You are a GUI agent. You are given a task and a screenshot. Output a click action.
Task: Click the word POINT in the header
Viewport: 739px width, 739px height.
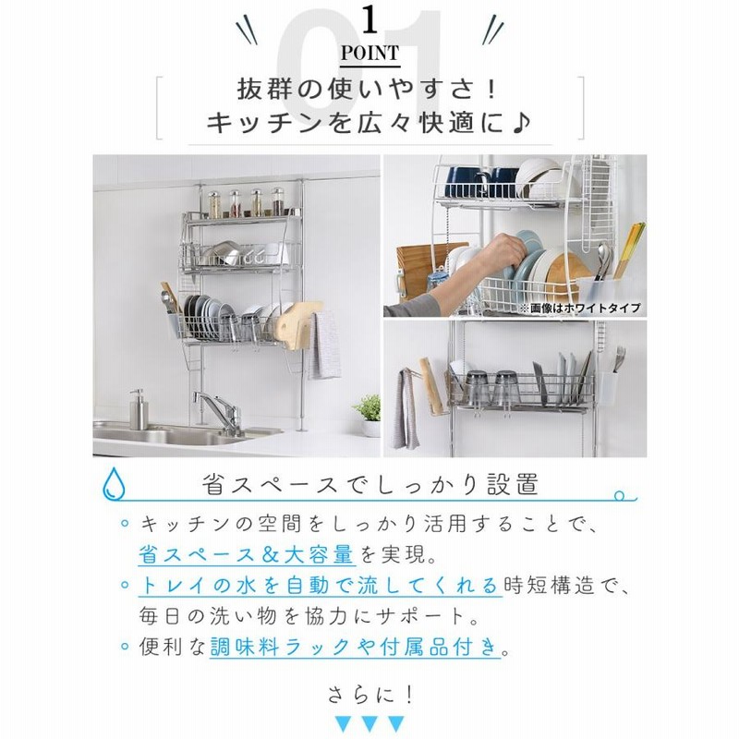click(x=370, y=53)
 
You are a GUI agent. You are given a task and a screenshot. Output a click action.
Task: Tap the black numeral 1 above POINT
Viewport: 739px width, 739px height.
click(x=370, y=20)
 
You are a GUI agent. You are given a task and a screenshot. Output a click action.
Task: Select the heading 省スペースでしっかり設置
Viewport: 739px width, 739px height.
click(x=370, y=484)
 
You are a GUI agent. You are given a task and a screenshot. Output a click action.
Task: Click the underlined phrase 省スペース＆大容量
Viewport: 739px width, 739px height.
click(x=246, y=554)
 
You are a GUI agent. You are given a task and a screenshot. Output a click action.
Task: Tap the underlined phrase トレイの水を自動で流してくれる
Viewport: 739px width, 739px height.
click(x=319, y=586)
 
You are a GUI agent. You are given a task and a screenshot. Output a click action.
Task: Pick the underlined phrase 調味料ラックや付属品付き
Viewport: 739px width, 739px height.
click(x=355, y=646)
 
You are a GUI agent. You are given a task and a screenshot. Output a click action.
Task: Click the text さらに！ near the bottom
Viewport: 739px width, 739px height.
click(x=370, y=695)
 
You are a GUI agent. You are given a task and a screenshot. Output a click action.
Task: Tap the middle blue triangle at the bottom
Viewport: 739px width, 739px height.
click(x=370, y=723)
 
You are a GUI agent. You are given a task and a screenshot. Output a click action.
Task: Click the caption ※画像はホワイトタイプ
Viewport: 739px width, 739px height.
click(x=581, y=309)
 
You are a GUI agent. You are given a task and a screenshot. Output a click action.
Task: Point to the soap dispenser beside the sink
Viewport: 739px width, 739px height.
click(x=139, y=409)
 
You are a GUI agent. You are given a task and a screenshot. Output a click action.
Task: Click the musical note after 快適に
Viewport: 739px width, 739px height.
click(x=520, y=124)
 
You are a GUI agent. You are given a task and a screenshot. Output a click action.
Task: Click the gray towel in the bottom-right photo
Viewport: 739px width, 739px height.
click(x=405, y=408)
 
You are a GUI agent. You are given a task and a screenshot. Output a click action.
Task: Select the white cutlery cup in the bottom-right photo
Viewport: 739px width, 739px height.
click(x=607, y=387)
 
